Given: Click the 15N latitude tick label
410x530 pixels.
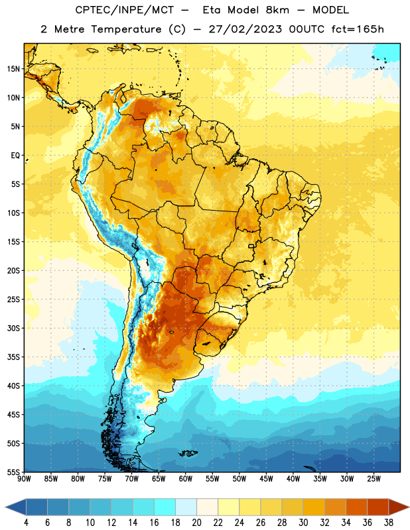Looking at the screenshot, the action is point(13,69).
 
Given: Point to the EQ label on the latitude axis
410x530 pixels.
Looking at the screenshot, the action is point(15,156).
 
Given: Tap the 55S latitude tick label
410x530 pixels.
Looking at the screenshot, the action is point(13,472).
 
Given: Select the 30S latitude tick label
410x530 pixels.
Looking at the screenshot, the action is point(13,328).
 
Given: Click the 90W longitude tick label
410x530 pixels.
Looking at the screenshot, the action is point(24,479).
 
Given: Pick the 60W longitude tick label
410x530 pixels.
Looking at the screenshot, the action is point(186,479).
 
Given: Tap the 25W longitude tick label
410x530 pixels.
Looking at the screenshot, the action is point(374,479).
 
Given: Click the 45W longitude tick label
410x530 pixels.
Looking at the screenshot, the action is point(266,479).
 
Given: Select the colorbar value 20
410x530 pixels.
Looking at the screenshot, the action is point(196,523).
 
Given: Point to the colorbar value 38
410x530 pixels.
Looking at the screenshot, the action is point(389,523).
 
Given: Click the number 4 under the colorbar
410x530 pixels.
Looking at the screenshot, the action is point(26,523).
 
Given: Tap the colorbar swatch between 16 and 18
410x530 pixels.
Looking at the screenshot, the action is point(165,507).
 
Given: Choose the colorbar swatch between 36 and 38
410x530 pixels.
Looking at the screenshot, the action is point(378,507).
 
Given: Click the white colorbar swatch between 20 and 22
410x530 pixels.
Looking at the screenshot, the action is point(207,507).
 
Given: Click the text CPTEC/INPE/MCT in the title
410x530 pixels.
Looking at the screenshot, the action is point(125,10).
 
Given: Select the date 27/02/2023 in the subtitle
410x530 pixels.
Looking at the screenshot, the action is point(245,29).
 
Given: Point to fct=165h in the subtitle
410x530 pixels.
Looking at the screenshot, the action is point(358,29).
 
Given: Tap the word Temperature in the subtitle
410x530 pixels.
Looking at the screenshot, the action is point(126,29).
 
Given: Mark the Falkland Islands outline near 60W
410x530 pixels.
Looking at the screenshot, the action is point(188,453).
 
